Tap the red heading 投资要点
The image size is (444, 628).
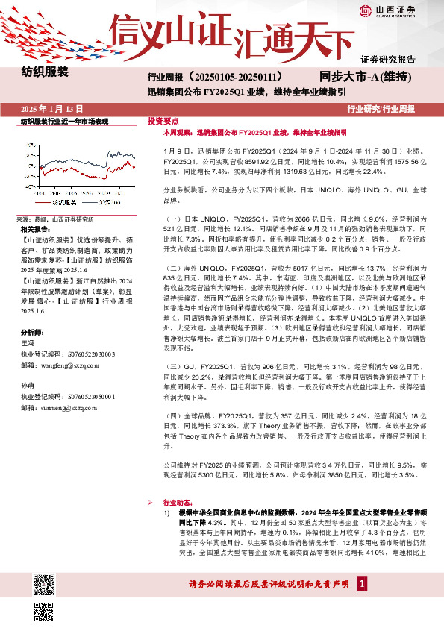coord(163,120)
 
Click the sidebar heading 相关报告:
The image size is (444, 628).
coord(36,230)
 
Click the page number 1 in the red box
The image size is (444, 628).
coord(362,583)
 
